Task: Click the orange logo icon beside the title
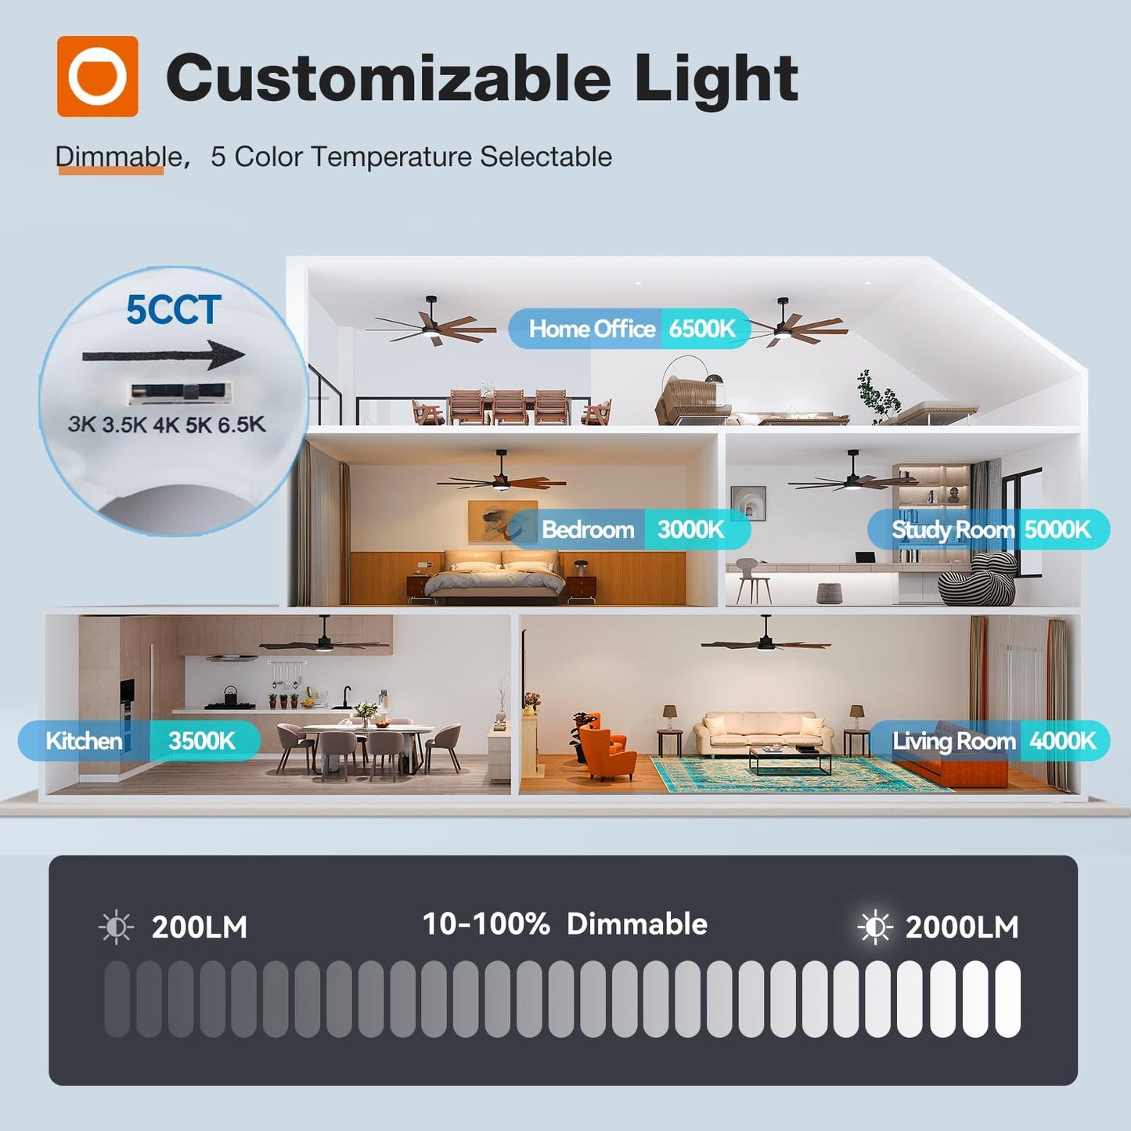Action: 97,77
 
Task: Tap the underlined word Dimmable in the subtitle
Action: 117,157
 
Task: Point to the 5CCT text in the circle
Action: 174,310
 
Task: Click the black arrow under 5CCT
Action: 164,355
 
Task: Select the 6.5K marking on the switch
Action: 241,425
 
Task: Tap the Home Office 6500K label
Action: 630,329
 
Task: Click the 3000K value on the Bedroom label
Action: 690,530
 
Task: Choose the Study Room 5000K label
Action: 989,530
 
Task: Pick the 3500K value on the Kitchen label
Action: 202,740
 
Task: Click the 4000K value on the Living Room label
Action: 1062,740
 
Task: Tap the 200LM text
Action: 199,927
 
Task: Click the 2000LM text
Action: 962,927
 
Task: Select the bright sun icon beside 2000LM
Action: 874,927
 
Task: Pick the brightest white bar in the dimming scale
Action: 1007,999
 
